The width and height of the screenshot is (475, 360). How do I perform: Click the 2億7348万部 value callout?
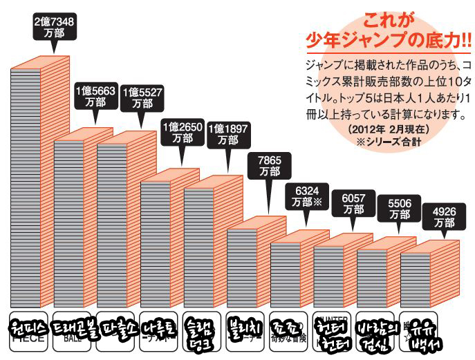[x=54, y=26]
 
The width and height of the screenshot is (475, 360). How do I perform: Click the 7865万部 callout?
[x=268, y=167]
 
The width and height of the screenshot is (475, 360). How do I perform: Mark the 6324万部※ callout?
[x=308, y=197]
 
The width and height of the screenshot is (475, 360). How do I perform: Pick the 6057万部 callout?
[x=353, y=203]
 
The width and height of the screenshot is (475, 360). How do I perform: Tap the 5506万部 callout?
[x=400, y=209]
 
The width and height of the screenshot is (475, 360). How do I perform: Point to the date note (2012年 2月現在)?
[x=389, y=129]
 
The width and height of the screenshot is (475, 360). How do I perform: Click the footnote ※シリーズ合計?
[x=389, y=142]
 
